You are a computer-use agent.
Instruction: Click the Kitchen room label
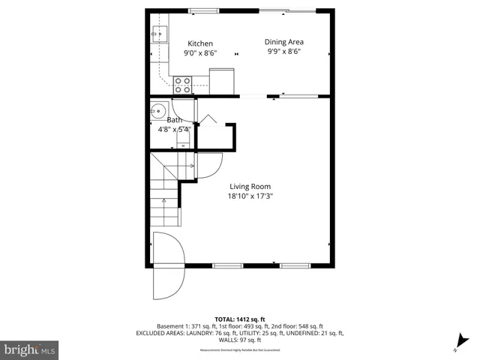[x=200, y=43]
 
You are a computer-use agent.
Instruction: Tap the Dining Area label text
[x=284, y=42]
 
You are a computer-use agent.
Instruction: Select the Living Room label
[x=250, y=187]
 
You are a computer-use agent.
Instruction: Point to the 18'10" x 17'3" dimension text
[x=250, y=196]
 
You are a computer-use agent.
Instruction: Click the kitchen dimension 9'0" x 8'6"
[x=200, y=53]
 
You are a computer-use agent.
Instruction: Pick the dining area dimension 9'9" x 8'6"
[x=284, y=52]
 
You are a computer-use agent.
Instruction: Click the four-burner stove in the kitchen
[x=182, y=85]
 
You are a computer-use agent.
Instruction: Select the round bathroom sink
[x=158, y=112]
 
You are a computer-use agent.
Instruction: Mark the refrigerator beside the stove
[x=222, y=81]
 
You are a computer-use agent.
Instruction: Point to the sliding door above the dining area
[x=287, y=10]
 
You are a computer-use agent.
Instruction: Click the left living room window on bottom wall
[x=227, y=265]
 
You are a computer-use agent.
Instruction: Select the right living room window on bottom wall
[x=295, y=265]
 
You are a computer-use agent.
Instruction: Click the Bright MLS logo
[x=30, y=349]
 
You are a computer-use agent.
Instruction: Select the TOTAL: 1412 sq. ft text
[x=239, y=319]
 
